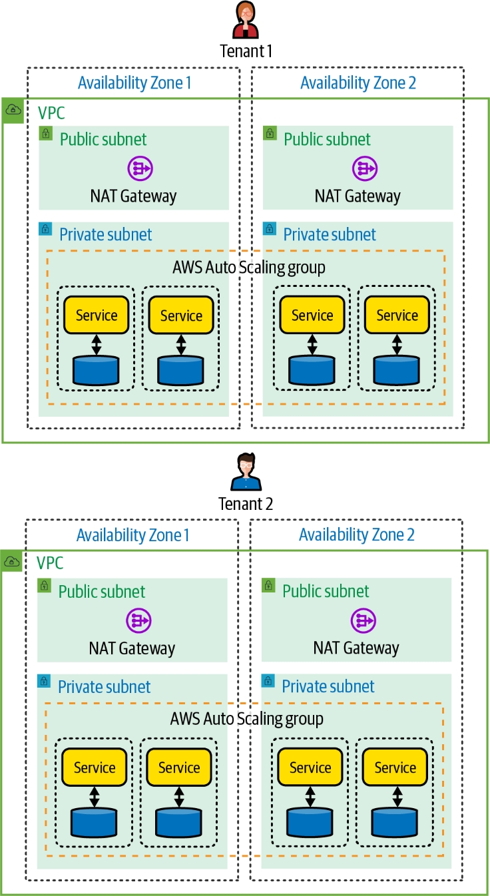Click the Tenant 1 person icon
point(246,21)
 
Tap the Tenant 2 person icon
point(246,473)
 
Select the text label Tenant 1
point(246,51)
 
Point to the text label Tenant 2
point(246,504)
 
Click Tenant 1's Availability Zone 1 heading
point(134,83)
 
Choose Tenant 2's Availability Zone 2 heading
point(356,535)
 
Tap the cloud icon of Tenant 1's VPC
point(13,111)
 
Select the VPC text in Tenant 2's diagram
point(50,563)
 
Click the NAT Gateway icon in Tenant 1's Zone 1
point(140,168)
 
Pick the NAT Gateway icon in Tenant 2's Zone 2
point(363,620)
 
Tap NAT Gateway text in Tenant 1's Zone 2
point(358,196)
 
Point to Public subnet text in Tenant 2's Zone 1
point(102,591)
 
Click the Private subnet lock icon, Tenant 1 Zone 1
point(45,229)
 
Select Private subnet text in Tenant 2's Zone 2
point(328,686)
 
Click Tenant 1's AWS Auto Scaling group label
point(249,268)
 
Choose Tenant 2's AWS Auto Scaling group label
point(247,719)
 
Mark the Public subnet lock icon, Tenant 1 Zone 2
point(270,133)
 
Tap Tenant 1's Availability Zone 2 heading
point(358,83)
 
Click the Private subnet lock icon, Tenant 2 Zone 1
point(44,681)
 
